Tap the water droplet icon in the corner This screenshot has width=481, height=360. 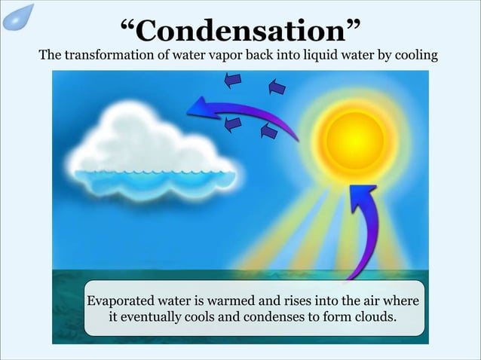[18, 17]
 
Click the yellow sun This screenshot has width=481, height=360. [354, 139]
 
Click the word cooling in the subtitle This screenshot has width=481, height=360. [413, 56]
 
